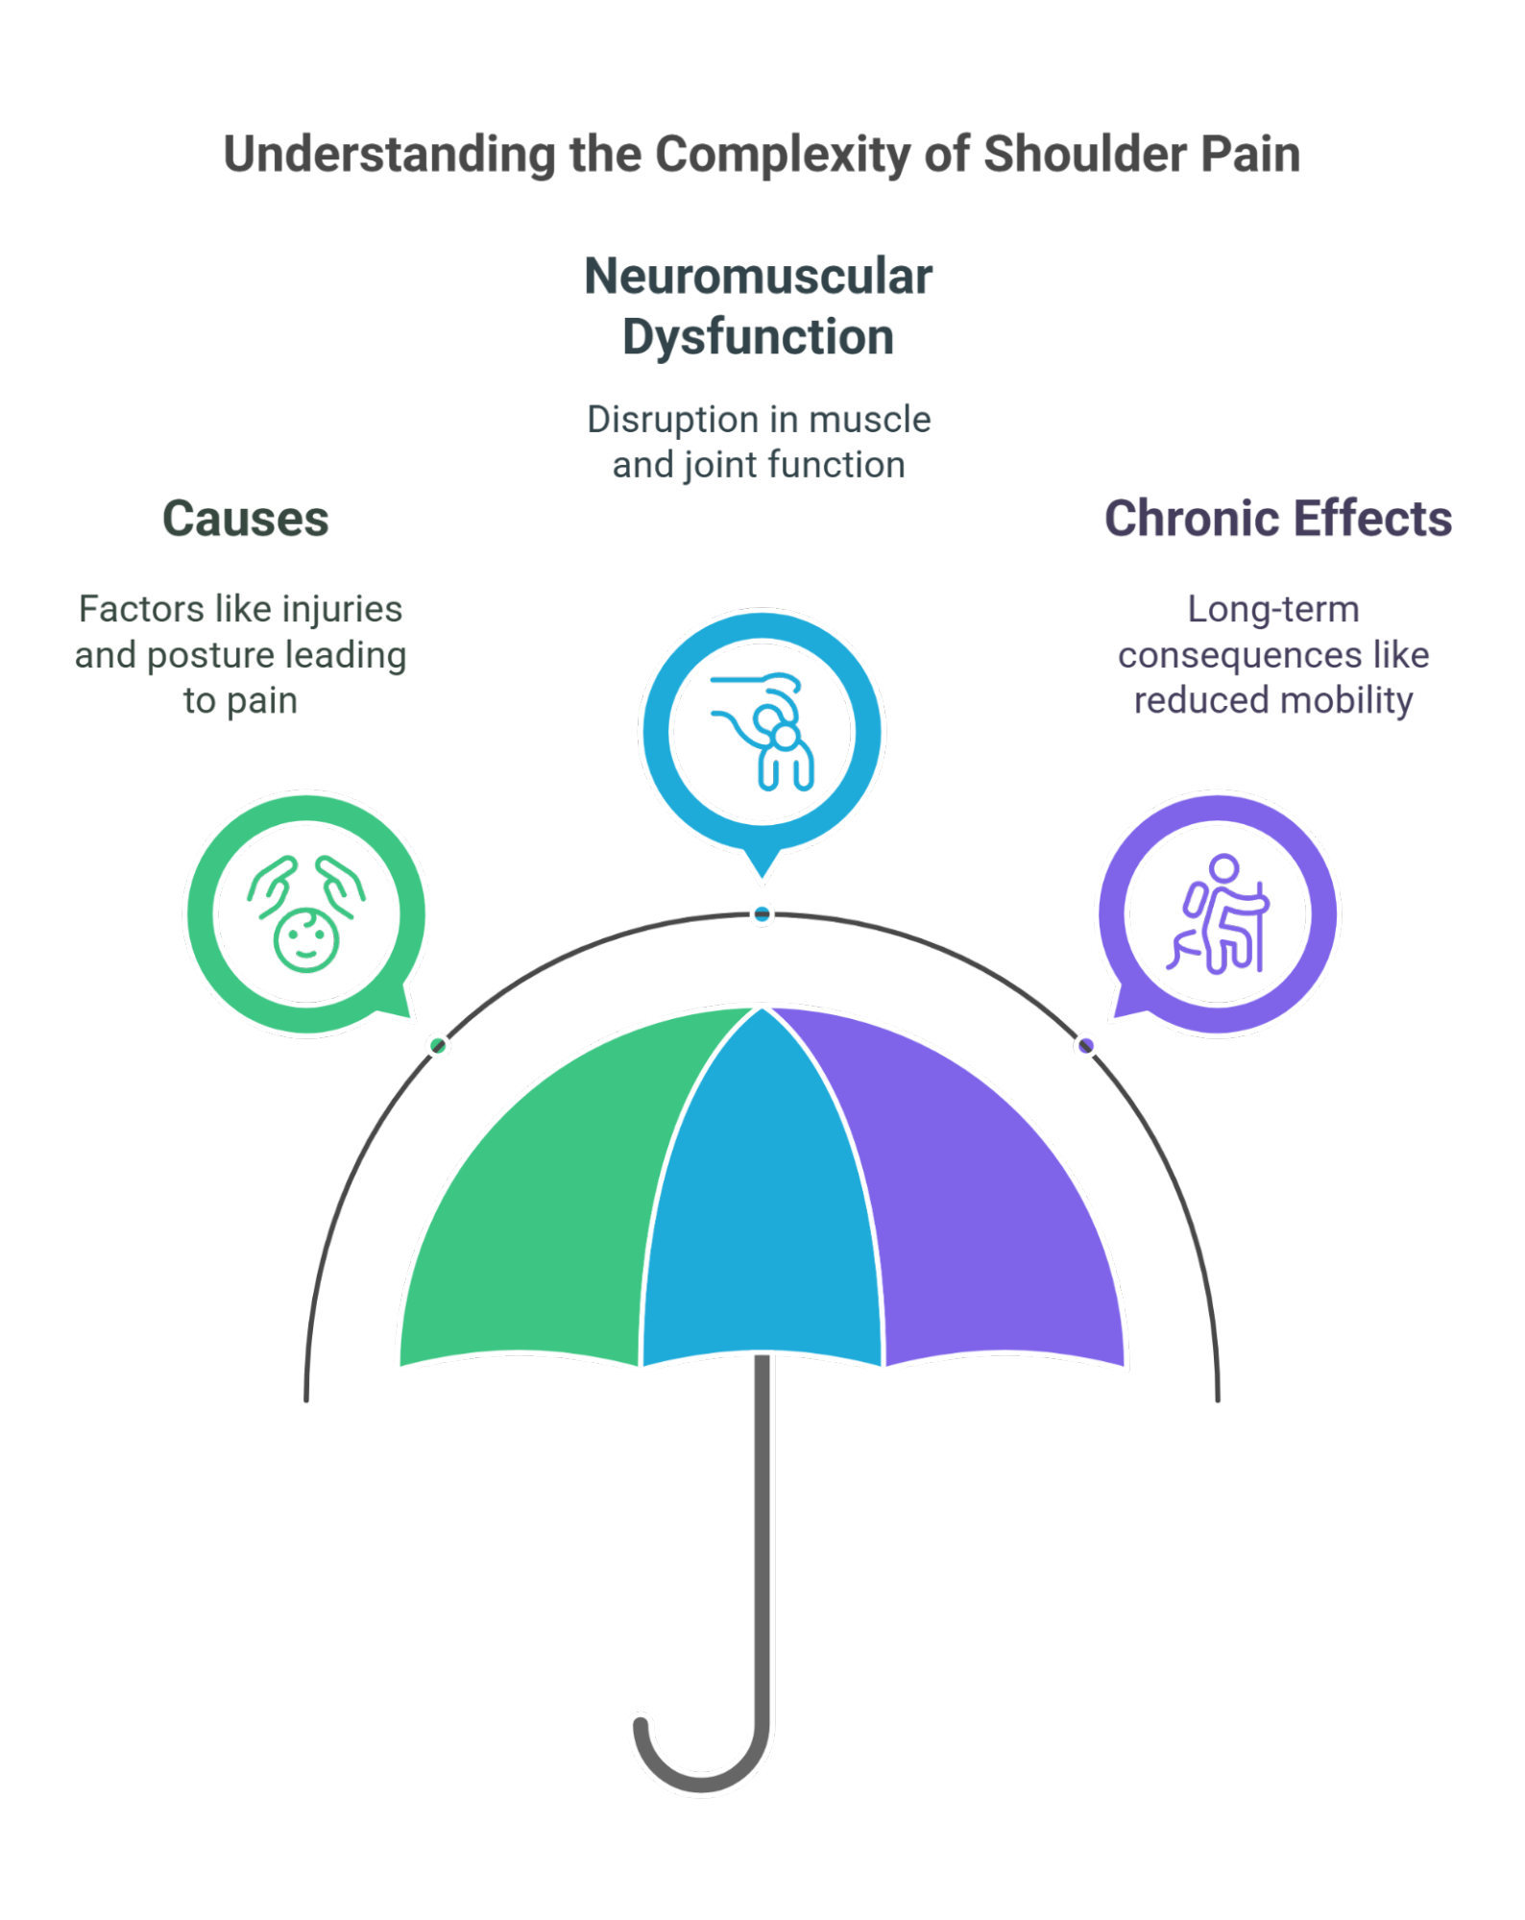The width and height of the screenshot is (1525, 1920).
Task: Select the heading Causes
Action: coord(246,520)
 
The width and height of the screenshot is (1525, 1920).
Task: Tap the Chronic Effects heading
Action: coord(1277,520)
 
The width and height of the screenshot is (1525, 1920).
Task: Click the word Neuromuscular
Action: coord(759,278)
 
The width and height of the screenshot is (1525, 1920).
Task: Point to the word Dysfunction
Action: coord(759,337)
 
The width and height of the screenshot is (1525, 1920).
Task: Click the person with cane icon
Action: coord(1218,914)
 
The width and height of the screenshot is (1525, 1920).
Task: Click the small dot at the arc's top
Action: coord(762,914)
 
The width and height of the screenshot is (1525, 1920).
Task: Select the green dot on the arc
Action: coord(438,1045)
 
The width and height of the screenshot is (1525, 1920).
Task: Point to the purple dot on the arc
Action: coord(1086,1045)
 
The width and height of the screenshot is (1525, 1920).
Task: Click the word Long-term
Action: coord(1273,609)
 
